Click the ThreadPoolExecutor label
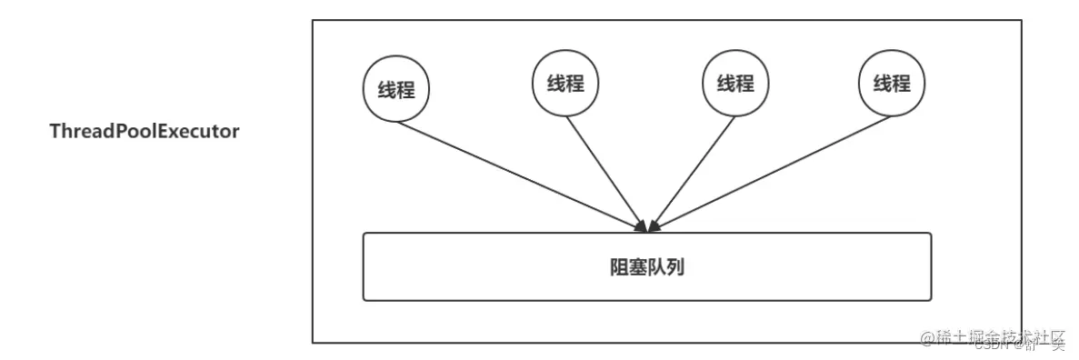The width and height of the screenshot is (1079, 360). (x=144, y=132)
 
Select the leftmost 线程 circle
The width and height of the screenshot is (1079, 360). (x=396, y=90)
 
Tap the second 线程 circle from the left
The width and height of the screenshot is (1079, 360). (x=564, y=84)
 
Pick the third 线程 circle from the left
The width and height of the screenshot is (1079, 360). (x=735, y=84)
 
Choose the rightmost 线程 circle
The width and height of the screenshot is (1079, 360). (x=892, y=84)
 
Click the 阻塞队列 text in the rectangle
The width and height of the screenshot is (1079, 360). (x=646, y=267)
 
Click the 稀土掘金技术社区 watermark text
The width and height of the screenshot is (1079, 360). (x=1000, y=338)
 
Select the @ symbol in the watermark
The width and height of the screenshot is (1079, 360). (x=928, y=339)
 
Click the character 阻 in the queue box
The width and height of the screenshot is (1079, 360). (x=619, y=267)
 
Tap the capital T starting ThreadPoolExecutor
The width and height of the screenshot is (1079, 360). (x=55, y=132)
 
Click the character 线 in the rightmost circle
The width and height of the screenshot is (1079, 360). (x=883, y=84)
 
